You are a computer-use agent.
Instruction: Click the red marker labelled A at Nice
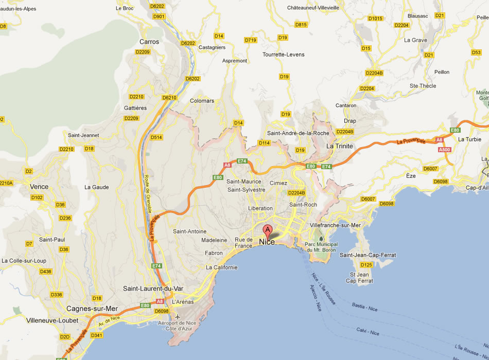267,230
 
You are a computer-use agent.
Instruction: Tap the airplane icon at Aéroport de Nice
178,316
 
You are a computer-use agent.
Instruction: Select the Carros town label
149,42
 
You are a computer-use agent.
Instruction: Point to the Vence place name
39,187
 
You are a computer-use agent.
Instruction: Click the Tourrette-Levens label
283,55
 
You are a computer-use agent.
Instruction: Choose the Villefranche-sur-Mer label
336,225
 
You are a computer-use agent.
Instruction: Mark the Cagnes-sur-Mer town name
92,309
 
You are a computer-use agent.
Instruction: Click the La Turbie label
469,139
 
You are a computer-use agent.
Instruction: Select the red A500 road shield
444,150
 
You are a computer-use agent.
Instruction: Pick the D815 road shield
301,25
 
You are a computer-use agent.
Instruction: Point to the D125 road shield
366,265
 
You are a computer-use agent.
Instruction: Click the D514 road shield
156,137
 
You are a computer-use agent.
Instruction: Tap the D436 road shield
46,272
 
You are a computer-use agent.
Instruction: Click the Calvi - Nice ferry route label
368,331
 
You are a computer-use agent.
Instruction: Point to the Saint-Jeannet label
83,135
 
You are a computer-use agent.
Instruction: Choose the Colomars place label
202,101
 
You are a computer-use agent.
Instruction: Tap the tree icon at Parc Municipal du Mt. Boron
321,238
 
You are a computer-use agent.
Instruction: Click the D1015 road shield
375,19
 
